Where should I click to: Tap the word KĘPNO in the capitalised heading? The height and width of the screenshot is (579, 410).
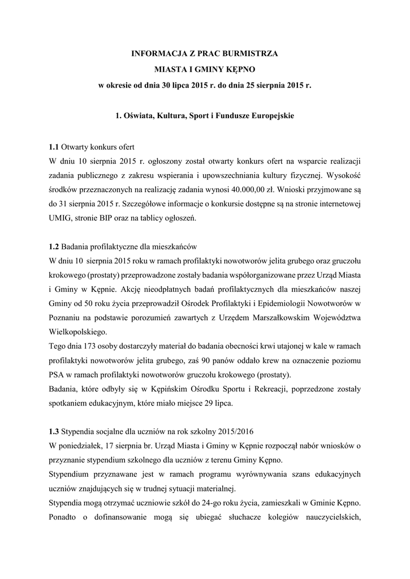[x=240, y=70]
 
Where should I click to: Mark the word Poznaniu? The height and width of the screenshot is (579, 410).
[x=65, y=317]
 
